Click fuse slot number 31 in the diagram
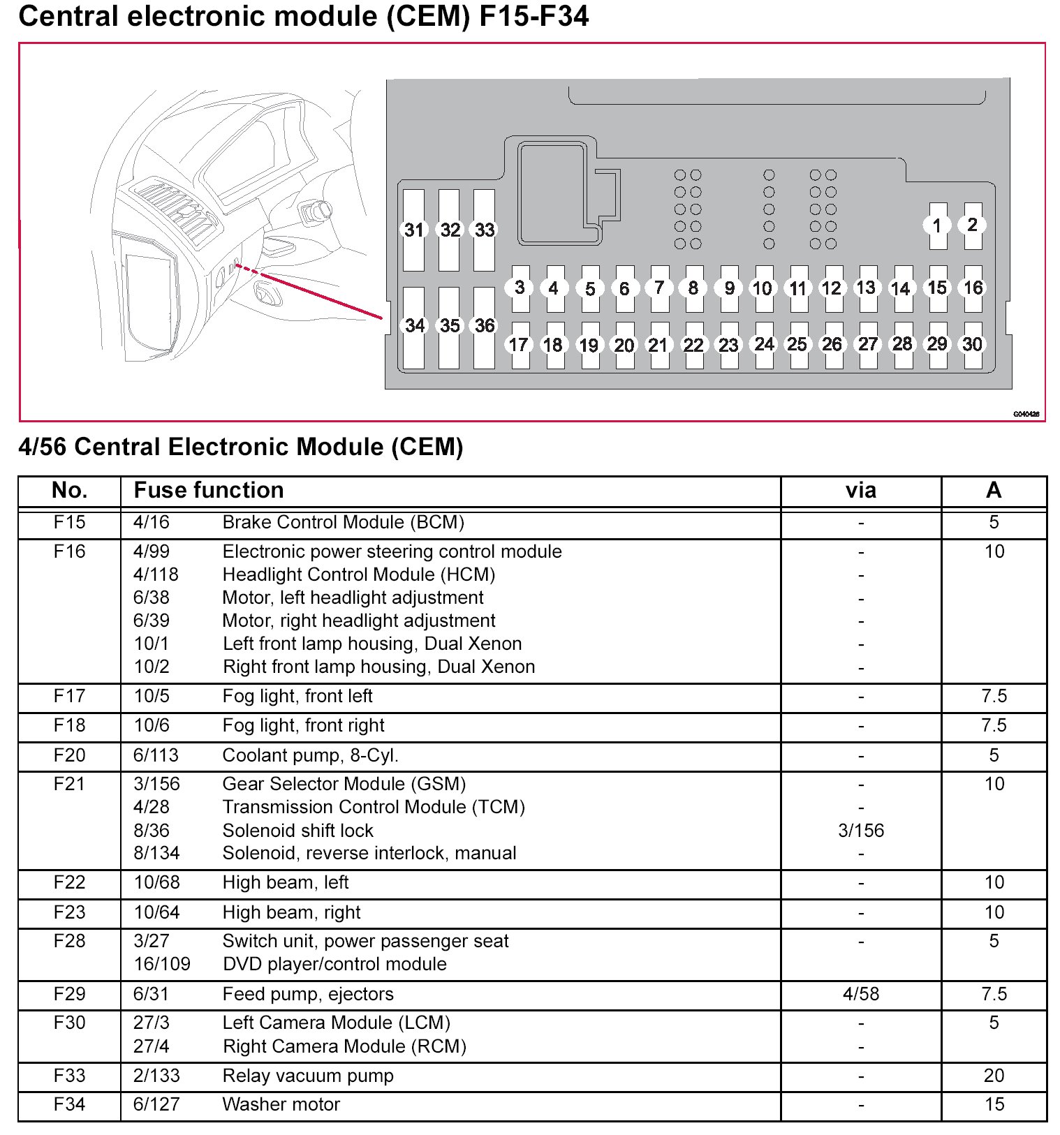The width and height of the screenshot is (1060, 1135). tap(414, 230)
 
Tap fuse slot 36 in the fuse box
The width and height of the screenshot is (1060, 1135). tap(485, 326)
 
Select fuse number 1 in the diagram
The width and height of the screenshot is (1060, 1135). tap(937, 225)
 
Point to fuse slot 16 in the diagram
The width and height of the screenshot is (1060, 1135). tap(973, 288)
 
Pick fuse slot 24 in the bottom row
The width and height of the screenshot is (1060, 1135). tap(764, 344)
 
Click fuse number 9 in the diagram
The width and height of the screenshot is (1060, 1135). tap(729, 288)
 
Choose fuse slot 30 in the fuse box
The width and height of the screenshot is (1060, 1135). tap(973, 344)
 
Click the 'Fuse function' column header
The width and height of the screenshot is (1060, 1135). tap(209, 490)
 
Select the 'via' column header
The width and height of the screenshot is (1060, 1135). tap(860, 490)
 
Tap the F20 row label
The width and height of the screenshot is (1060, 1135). tap(69, 755)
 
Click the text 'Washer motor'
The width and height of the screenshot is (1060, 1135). tap(281, 1104)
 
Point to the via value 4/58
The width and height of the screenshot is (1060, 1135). tap(860, 994)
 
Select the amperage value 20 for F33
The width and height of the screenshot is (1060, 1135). tap(994, 1076)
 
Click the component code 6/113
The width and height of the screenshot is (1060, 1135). tap(156, 755)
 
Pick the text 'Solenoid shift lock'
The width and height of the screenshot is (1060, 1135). tap(297, 831)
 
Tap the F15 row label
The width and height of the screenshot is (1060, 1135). tap(69, 522)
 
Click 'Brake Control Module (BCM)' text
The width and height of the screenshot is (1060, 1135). tap(343, 522)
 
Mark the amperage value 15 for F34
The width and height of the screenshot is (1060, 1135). tap(994, 1104)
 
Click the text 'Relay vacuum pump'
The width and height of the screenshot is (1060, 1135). tap(308, 1076)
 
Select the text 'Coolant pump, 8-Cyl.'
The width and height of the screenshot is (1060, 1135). tap(310, 755)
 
